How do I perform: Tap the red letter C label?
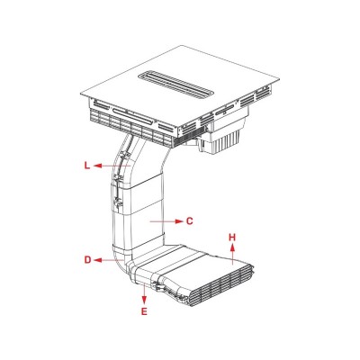(x=190, y=219)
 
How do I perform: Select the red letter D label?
(x=88, y=260)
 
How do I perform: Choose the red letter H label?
(x=231, y=238)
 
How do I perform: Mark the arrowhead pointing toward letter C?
(x=178, y=219)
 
